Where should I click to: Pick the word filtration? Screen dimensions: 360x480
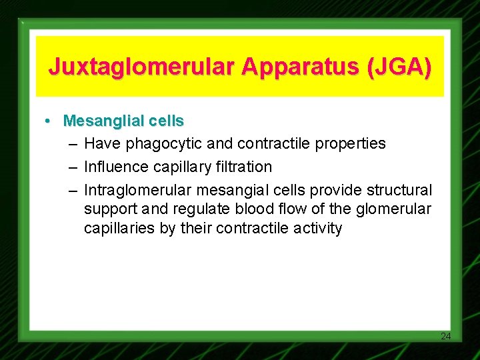tap(239, 167)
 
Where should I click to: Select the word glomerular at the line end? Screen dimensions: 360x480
tap(396, 210)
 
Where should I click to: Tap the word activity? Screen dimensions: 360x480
tap(317, 229)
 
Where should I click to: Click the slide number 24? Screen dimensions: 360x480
tap(446, 336)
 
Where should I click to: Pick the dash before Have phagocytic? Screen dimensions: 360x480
tap(72, 144)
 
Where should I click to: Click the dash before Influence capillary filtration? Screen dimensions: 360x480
tap(72, 167)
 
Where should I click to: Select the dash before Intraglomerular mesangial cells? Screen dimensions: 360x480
tap(72, 190)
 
